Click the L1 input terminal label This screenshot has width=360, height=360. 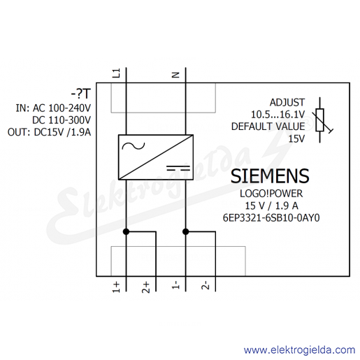(116, 73)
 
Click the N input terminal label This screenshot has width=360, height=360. (175, 75)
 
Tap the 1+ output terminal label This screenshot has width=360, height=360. (116, 287)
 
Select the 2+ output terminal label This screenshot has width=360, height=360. (146, 287)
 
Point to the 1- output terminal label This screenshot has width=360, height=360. (175, 285)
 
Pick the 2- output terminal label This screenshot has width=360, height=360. (206, 285)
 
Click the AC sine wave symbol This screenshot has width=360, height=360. (134, 146)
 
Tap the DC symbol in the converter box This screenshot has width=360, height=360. (178, 168)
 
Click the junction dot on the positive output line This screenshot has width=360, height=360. (126, 231)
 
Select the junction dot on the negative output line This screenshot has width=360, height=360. (186, 231)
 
